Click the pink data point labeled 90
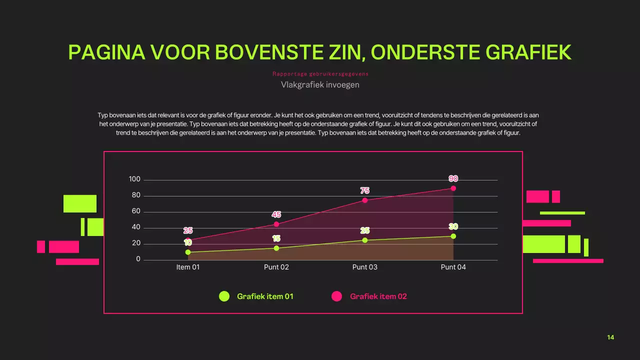[x=453, y=188]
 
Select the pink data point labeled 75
[x=365, y=200]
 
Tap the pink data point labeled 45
[x=276, y=224]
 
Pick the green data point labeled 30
[x=453, y=236]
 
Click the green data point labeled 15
[x=276, y=248]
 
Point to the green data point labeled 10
[x=188, y=252]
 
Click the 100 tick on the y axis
[x=134, y=179]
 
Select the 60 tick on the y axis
[x=136, y=211]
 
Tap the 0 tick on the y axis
[x=138, y=259]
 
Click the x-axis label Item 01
[x=188, y=267]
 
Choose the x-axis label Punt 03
[x=365, y=267]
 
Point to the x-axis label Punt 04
[x=453, y=267]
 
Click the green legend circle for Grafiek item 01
[x=224, y=296]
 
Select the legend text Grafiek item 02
[x=378, y=296]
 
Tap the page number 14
[x=610, y=337]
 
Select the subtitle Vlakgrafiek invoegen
[x=320, y=85]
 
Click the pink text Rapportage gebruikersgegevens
[x=320, y=74]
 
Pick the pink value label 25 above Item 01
[x=188, y=230]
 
